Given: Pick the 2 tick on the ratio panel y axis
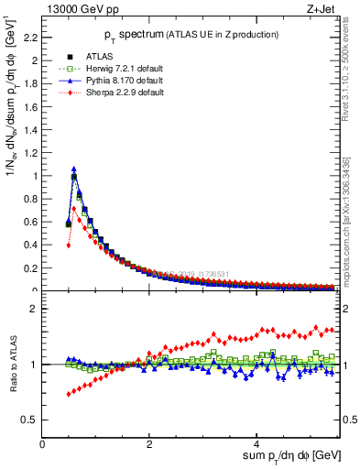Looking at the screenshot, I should point(36,309).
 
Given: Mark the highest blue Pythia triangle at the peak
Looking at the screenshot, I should point(74,169).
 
